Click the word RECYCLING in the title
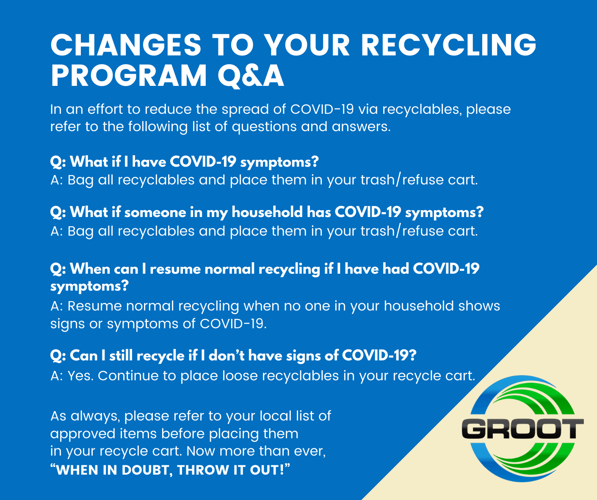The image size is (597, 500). [448, 45]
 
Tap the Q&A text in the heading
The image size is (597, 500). [251, 76]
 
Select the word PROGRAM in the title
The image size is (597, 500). [129, 75]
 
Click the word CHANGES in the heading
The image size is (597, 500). [126, 45]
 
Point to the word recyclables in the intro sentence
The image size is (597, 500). [422, 110]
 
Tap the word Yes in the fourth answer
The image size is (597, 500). [80, 376]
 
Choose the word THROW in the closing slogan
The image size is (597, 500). [202, 470]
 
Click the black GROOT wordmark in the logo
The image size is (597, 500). [522, 429]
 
